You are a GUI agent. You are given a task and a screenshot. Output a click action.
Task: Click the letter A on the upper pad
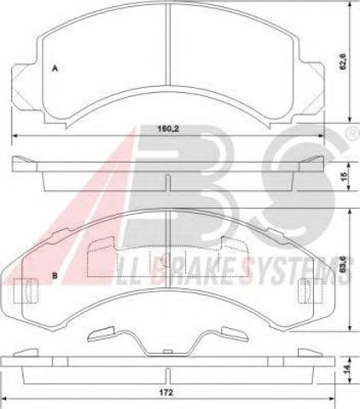point(55,68)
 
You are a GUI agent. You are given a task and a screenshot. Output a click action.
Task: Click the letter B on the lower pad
point(55,275)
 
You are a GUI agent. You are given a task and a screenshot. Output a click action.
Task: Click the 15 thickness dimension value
point(345,176)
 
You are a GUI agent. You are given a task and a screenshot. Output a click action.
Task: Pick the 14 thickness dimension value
point(345,369)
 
